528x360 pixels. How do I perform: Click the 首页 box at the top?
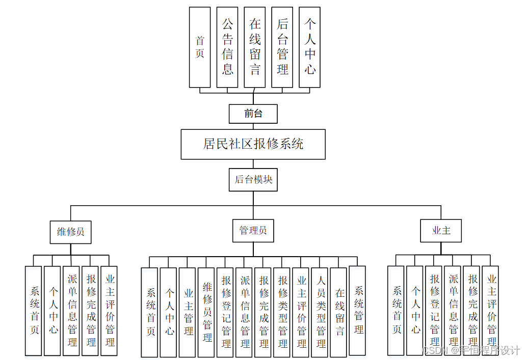click(x=199, y=47)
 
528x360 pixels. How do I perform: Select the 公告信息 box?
click(x=227, y=47)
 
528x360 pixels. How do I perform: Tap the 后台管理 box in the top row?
click(x=282, y=47)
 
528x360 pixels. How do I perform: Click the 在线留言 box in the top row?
click(x=255, y=47)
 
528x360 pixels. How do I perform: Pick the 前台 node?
click(x=253, y=114)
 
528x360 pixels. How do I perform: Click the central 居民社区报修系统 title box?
click(x=253, y=144)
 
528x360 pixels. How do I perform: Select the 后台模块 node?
click(x=253, y=180)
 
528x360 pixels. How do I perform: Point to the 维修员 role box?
click(x=70, y=232)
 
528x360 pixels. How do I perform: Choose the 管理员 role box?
click(x=253, y=231)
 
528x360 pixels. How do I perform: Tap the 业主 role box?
click(x=441, y=231)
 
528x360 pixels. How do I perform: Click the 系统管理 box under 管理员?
click(x=357, y=311)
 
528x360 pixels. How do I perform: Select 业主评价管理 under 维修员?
click(x=109, y=311)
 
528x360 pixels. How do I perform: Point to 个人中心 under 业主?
click(x=415, y=311)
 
